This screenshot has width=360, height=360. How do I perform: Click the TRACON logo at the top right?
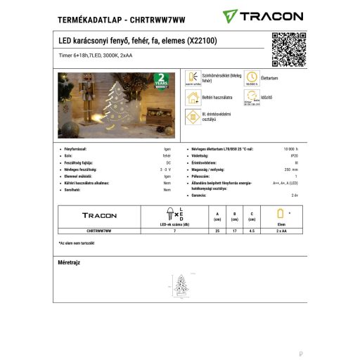263,15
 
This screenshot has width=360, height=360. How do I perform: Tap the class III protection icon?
191,117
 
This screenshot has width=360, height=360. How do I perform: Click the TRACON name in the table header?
100,215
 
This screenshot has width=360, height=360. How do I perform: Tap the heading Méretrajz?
69,262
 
